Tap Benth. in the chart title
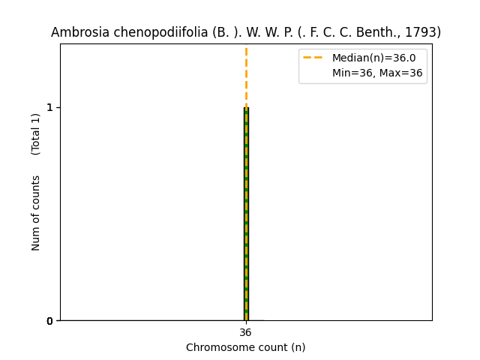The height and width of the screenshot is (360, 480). [383, 33]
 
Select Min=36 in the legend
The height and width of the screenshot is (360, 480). [351, 73]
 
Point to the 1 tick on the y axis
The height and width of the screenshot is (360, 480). [50, 107]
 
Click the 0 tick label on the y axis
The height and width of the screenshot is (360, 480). [50, 321]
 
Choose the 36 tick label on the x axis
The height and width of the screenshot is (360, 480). [246, 333]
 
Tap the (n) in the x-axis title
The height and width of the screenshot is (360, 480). [298, 347]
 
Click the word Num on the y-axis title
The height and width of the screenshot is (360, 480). [36, 238]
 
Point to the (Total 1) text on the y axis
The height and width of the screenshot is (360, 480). [36, 133]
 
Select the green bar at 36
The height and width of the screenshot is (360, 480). [246, 225]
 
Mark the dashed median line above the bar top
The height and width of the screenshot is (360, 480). [246, 75]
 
